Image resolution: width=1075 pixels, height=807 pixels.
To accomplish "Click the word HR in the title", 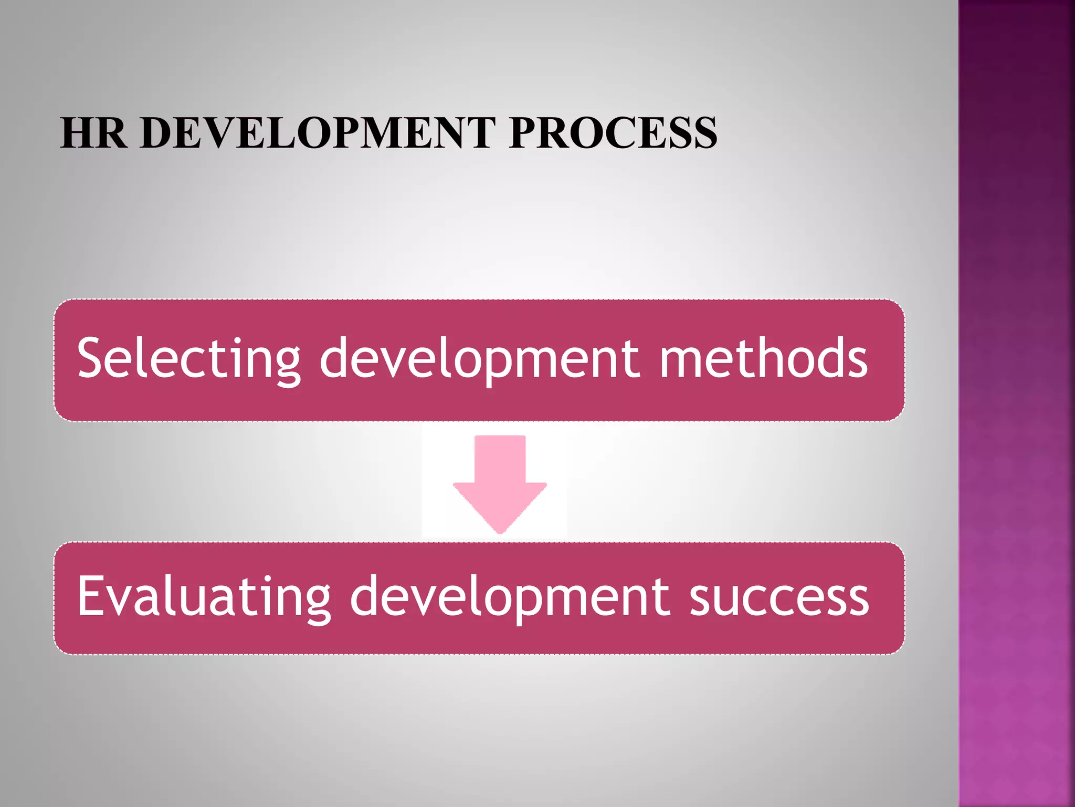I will pos(93,132).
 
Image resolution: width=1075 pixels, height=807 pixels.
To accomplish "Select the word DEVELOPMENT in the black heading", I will pos(318,132).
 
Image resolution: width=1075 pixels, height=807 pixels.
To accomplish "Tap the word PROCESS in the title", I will pos(613,132).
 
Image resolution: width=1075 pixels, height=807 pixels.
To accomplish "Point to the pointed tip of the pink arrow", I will pos(500,532).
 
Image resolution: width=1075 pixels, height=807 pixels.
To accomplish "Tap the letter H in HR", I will pos(78,132).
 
